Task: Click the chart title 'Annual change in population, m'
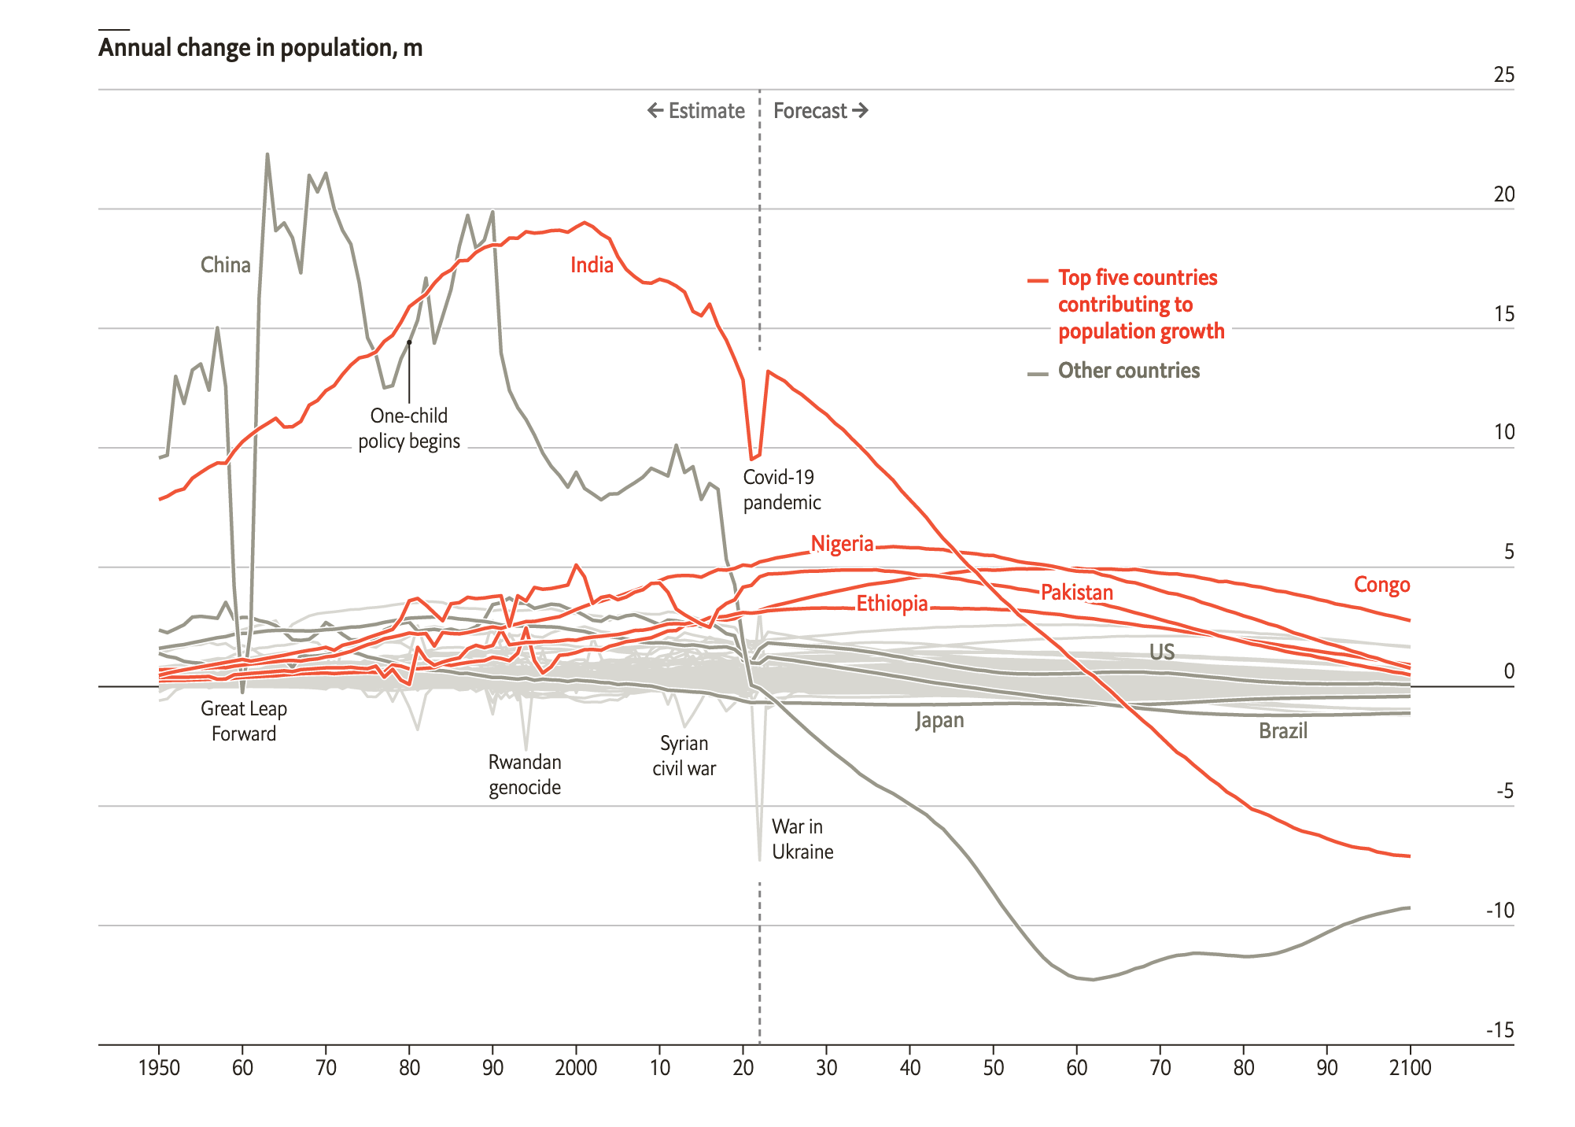click(260, 48)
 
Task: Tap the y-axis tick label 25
click(1503, 75)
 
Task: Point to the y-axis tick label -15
click(1499, 1030)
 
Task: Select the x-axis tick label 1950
click(159, 1068)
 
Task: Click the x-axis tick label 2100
click(1410, 1068)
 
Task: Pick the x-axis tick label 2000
click(576, 1068)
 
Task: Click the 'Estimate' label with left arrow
click(696, 111)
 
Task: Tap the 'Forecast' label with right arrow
click(820, 111)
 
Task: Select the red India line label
click(592, 265)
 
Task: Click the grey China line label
click(226, 265)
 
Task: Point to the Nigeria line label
click(842, 544)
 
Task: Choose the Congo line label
click(1381, 585)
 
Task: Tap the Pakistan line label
click(1077, 593)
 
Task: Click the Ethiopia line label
click(892, 604)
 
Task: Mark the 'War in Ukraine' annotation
click(802, 839)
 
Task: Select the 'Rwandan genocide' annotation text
click(525, 774)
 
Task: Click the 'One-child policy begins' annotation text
click(409, 428)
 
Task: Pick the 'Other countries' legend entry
click(1128, 371)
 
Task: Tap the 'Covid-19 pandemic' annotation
click(781, 490)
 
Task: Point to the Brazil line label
click(1282, 731)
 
